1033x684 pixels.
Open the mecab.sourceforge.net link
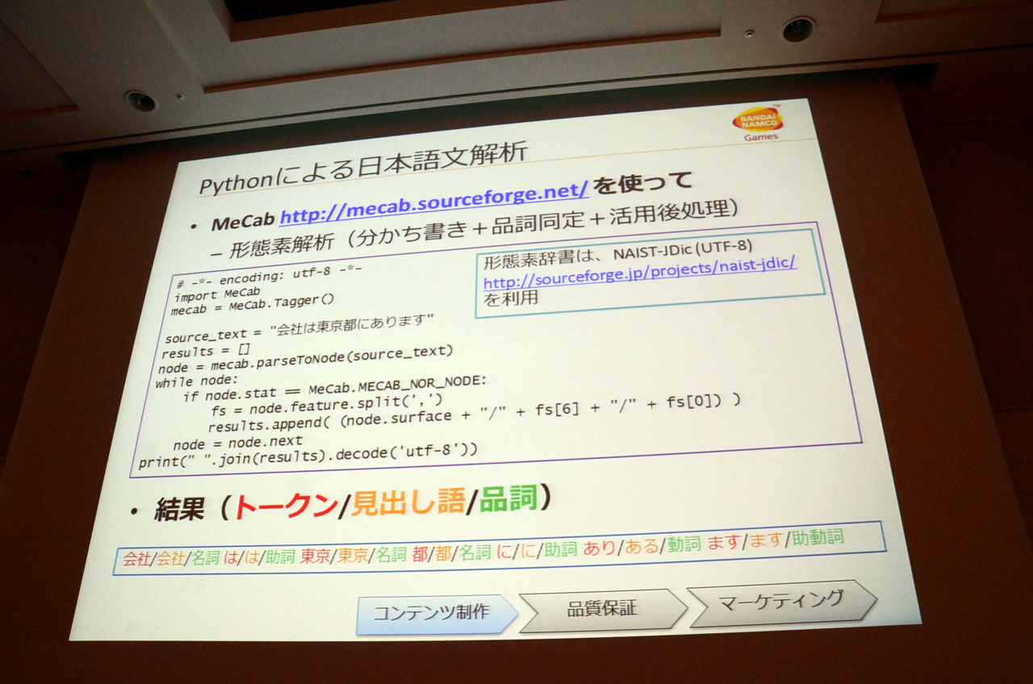click(434, 202)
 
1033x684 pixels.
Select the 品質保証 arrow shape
click(602, 609)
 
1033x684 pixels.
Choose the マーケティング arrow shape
click(781, 602)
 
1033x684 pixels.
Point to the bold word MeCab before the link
click(243, 222)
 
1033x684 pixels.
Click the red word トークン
click(286, 506)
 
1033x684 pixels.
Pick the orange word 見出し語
click(408, 502)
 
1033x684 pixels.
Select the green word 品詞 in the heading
click(508, 498)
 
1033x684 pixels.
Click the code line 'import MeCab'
click(218, 294)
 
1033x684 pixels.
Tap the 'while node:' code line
click(197, 382)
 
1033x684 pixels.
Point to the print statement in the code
click(307, 456)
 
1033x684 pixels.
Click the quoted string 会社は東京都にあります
click(352, 324)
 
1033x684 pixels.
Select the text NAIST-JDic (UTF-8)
click(683, 250)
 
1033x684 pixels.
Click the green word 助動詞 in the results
click(818, 537)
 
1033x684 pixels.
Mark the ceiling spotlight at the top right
click(798, 29)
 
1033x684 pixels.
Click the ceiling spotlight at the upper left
click(140, 101)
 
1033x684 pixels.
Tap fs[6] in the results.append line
click(557, 409)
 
